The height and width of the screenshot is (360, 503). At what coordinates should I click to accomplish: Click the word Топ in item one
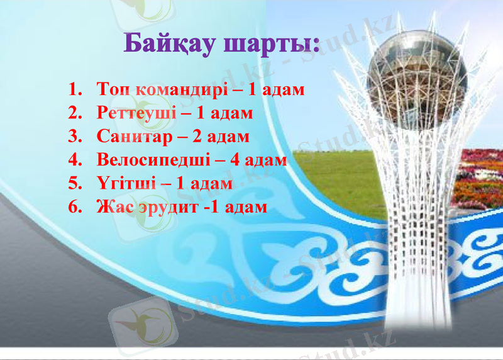coord(114,89)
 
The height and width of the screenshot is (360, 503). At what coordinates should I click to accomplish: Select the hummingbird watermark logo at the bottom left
coord(135,325)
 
